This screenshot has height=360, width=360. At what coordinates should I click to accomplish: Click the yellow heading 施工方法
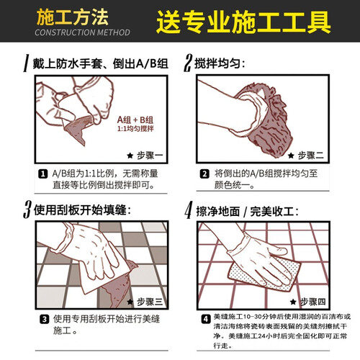click(x=73, y=17)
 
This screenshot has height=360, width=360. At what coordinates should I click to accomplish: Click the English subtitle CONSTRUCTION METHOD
click(x=82, y=32)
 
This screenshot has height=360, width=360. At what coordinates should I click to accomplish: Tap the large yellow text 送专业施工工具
click(x=243, y=22)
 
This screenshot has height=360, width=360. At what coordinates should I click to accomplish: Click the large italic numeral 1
click(x=26, y=63)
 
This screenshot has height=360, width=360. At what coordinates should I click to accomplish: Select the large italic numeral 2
click(x=188, y=63)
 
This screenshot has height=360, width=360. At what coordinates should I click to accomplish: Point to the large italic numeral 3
click(x=27, y=210)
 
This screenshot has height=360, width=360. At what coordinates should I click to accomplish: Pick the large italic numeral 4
click(x=189, y=210)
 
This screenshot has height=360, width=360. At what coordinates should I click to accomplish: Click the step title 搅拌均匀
click(x=217, y=63)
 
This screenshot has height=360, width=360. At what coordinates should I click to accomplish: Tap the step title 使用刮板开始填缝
click(x=80, y=210)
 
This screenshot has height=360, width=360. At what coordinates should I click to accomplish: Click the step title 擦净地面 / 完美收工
click(x=245, y=212)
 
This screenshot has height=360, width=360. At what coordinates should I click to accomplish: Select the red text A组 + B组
click(x=135, y=120)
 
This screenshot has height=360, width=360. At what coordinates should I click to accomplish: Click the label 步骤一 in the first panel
click(x=150, y=156)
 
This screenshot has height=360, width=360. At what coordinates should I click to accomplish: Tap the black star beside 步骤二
click(x=291, y=156)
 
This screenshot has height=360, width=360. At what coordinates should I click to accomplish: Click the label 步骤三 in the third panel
click(x=150, y=302)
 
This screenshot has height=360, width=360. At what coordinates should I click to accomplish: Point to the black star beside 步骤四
click(x=293, y=302)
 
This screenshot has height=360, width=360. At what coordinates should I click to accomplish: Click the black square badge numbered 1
click(x=43, y=174)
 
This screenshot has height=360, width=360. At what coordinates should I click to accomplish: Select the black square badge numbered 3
click(x=44, y=320)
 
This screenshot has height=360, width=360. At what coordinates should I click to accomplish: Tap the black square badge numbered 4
click(x=206, y=319)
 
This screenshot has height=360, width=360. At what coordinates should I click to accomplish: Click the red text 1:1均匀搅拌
click(x=135, y=129)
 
